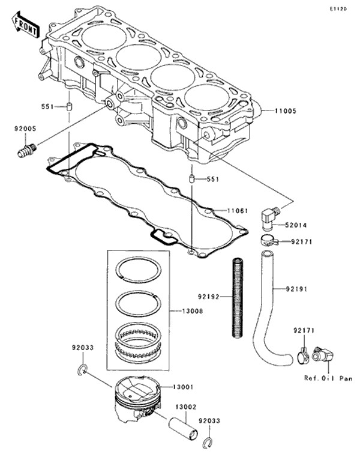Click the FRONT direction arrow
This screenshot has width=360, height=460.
click(x=25, y=25)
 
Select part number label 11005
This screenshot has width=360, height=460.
click(x=286, y=111)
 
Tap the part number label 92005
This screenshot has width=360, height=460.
click(x=25, y=129)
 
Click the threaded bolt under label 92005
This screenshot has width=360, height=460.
click(x=26, y=150)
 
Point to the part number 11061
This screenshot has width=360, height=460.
click(x=238, y=211)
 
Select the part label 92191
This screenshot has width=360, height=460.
click(x=296, y=289)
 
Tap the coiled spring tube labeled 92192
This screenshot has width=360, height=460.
click(x=238, y=298)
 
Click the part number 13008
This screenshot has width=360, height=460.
click(x=192, y=311)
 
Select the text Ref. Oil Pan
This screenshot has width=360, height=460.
click(x=328, y=378)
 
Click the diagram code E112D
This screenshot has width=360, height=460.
click(x=338, y=9)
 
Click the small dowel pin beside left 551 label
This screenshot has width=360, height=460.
click(x=69, y=106)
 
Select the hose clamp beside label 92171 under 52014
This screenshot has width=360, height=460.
click(x=269, y=241)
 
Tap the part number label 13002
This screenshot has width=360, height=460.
click(x=186, y=407)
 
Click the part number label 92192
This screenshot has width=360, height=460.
click(x=208, y=297)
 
